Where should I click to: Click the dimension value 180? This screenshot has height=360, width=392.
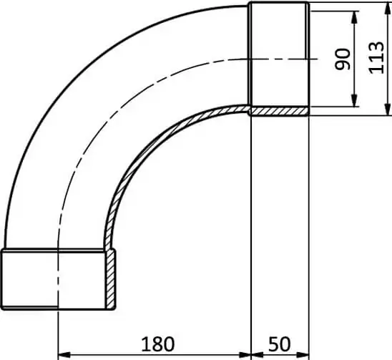coord(157,344)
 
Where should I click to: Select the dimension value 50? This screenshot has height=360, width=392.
coord(280,344)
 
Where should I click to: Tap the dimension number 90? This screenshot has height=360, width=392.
coord(343,59)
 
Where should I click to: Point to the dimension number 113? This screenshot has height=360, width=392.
coord(376,58)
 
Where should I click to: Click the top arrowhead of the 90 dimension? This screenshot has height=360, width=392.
coord(354,17)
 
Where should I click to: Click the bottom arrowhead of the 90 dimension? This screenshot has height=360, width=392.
coord(354,101)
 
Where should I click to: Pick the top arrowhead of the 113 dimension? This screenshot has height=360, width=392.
coord(387,8)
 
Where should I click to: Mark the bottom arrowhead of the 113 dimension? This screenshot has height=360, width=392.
coord(387,110)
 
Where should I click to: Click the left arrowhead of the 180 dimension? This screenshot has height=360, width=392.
coord(64,354)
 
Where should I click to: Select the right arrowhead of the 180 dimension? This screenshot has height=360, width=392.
coord(245,354)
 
